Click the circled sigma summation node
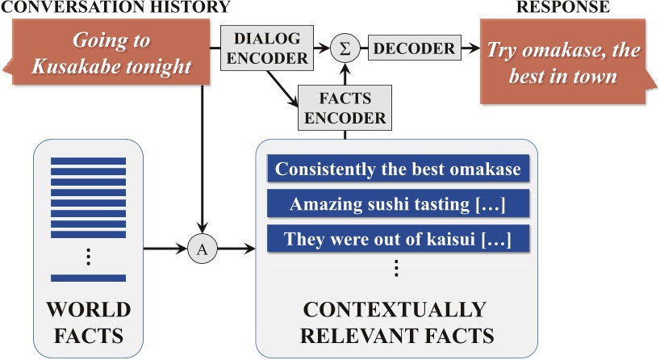pyautogui.click(x=345, y=49)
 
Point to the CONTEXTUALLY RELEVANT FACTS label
pyautogui.click(x=395, y=321)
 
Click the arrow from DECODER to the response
pyautogui.click(x=471, y=49)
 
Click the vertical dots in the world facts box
pyautogui.click(x=89, y=257)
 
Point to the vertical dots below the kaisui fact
pyautogui.click(x=395, y=268)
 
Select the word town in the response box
pyautogui.click(x=600, y=78)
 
